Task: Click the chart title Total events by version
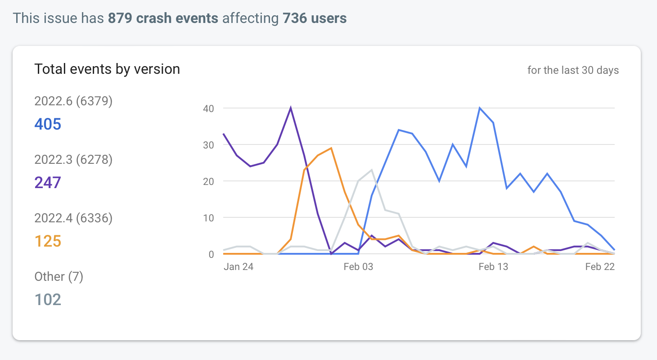point(107,69)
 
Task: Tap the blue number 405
point(48,124)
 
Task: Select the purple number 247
point(48,182)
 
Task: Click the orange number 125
point(48,241)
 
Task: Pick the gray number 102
point(48,299)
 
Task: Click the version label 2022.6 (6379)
point(73,101)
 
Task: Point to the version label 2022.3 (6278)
point(73,160)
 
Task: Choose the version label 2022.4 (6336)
point(73,218)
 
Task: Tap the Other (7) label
point(59,277)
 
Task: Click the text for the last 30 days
point(573,70)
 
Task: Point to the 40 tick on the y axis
point(208,108)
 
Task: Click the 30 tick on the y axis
point(208,145)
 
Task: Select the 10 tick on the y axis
point(208,218)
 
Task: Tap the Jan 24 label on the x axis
point(238,267)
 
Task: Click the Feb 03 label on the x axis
point(358,267)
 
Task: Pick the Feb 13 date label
point(493,267)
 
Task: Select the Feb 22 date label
point(600,267)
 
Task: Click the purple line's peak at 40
point(291,108)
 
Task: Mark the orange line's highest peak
point(331,148)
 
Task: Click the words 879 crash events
point(163,18)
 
